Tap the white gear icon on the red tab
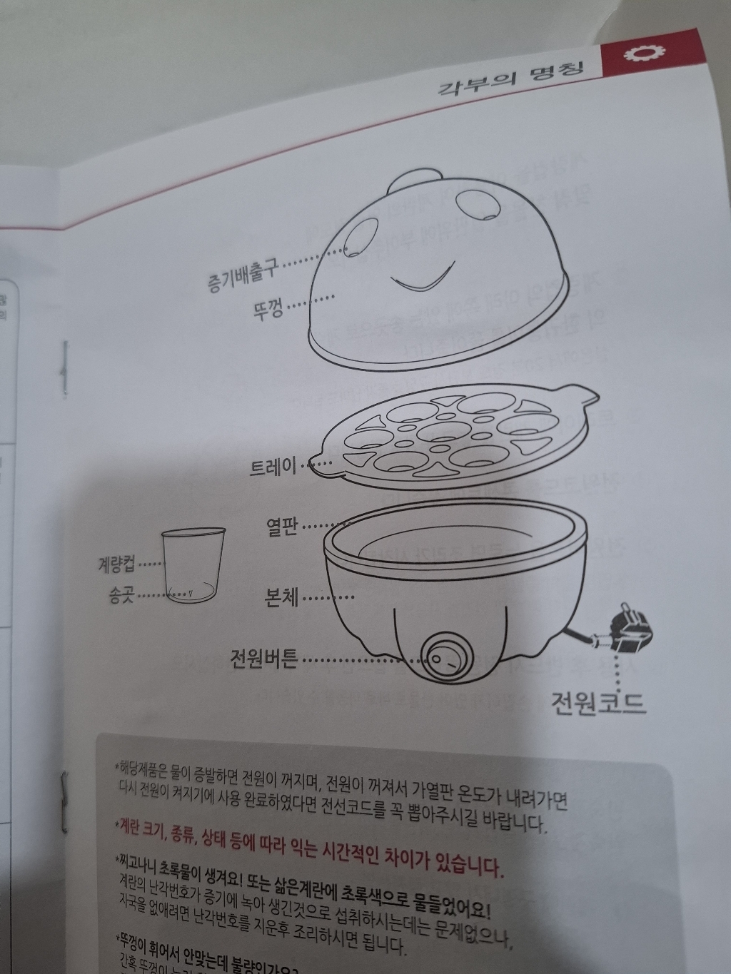tap(635, 56)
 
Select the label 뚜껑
tap(268, 309)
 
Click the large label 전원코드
tap(598, 703)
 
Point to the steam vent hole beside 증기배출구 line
tap(353, 252)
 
